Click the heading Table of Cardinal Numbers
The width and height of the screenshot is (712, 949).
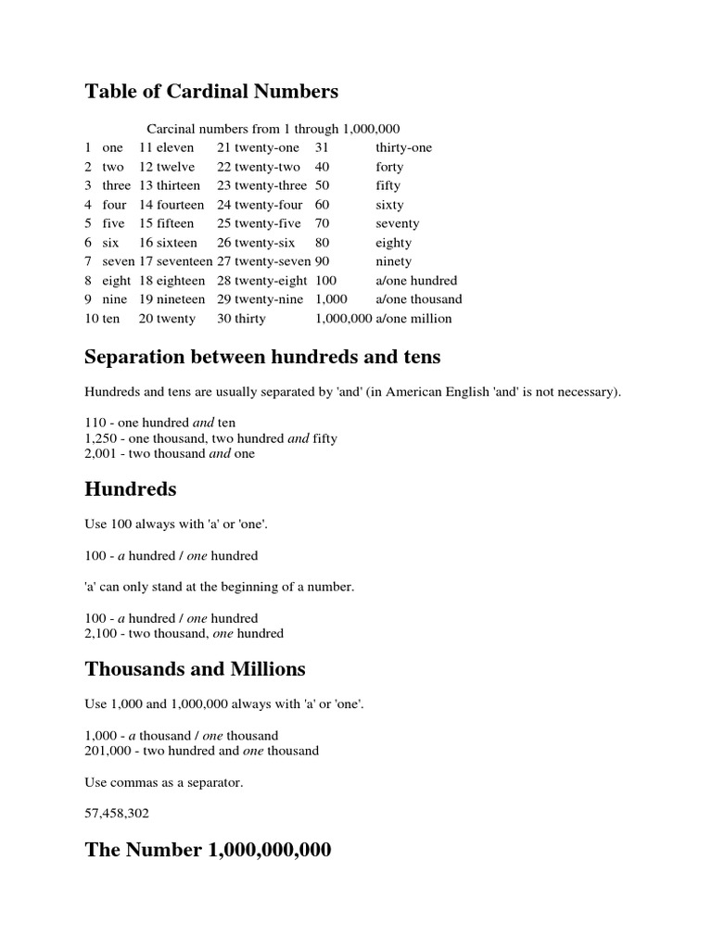point(211,91)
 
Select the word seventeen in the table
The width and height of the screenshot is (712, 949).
point(184,261)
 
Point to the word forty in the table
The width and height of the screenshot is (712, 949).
point(389,167)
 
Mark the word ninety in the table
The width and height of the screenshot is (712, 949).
point(393,261)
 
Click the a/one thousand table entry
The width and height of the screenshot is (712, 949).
point(418,299)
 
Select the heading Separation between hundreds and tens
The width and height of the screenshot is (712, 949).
point(262,357)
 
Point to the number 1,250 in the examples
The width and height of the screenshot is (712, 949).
point(101,438)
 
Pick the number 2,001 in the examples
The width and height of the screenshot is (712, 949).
point(101,453)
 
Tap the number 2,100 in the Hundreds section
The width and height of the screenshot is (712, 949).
point(101,633)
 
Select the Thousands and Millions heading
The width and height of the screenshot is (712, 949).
point(195,668)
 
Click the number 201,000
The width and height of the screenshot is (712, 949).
point(108,750)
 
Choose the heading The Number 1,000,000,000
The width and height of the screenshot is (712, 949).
point(208,850)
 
